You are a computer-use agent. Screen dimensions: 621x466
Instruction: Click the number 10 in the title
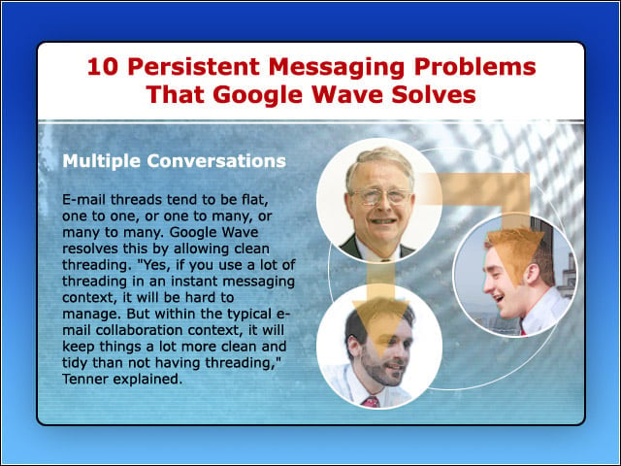103,67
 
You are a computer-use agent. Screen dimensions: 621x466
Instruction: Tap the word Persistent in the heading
194,67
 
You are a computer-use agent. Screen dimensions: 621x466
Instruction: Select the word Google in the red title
257,95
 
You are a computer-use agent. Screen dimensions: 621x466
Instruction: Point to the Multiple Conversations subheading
175,161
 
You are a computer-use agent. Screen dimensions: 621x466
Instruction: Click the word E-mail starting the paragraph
84,199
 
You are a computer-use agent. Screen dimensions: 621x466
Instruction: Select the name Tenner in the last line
85,379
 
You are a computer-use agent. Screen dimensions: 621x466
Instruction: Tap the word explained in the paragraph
147,380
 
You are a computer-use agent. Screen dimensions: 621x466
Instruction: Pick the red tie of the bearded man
372,402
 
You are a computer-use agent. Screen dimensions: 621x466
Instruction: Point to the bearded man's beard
378,369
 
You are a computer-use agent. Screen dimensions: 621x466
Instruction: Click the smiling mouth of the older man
382,220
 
